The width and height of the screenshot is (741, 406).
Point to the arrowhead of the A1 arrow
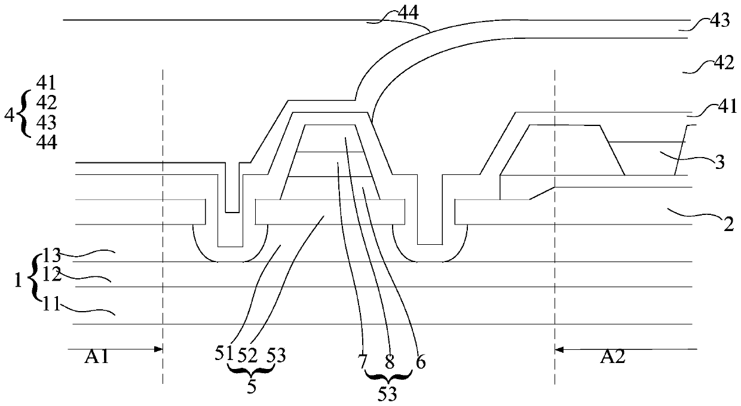click(x=160, y=349)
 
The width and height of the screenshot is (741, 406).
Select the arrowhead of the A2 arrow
click(x=558, y=349)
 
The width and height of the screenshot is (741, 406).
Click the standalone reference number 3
click(x=720, y=162)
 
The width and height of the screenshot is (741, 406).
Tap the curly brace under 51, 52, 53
click(x=252, y=371)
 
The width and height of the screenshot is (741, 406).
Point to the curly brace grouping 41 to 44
click(x=25, y=113)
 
